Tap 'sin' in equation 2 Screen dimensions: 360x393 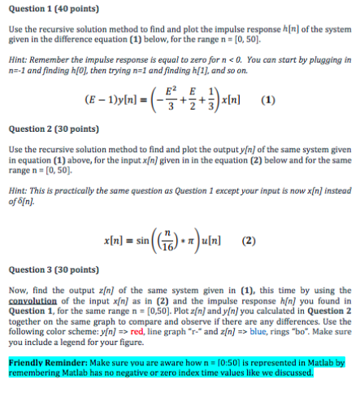(145, 242)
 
